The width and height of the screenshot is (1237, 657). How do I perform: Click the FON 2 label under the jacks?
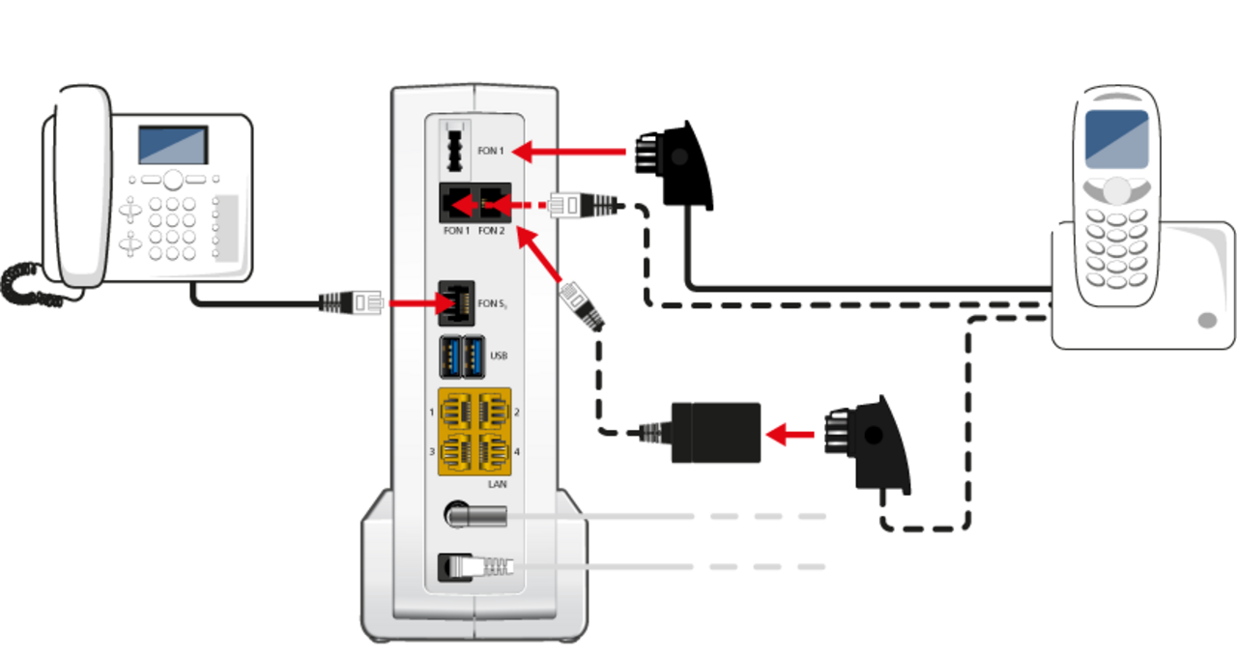(x=491, y=231)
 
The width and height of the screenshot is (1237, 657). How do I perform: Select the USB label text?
(x=499, y=356)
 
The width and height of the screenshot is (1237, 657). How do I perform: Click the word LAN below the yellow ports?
(x=499, y=482)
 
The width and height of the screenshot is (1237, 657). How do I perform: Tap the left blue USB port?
(x=449, y=357)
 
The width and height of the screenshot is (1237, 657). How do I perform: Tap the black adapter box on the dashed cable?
(x=715, y=432)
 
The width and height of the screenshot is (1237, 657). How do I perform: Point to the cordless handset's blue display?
(x=1116, y=139)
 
